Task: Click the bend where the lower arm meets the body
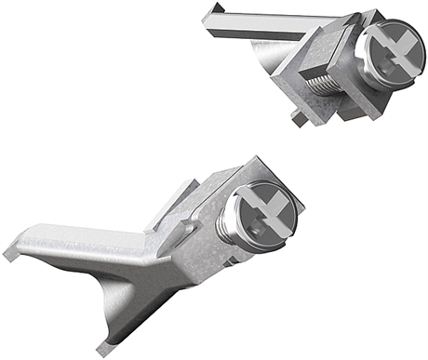pyautogui.click(x=149, y=244)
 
